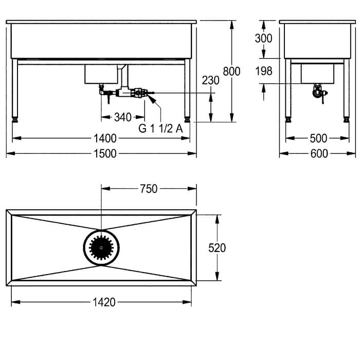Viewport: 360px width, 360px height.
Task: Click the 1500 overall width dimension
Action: tap(105, 154)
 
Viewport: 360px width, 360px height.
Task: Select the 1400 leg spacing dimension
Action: tap(105, 138)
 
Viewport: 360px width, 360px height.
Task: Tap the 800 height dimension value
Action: tap(231, 71)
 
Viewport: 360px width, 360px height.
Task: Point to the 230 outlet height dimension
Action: tap(210, 80)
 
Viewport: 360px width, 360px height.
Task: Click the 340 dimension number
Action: tap(123, 117)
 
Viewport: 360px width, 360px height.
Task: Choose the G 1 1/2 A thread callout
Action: tap(160, 129)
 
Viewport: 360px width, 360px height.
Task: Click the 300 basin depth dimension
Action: tap(263, 39)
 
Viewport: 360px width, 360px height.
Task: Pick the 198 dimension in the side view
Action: tap(264, 71)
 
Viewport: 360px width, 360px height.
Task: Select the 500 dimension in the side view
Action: tap(318, 138)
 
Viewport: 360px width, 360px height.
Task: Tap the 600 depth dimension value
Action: tap(319, 154)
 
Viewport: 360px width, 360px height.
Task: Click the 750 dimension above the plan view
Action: tap(149, 189)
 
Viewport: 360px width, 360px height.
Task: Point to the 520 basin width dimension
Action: tap(217, 248)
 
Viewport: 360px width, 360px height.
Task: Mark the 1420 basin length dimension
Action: tap(104, 302)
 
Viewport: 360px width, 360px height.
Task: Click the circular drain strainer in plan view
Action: tap(101, 248)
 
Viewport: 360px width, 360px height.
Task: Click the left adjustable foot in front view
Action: tap(15, 120)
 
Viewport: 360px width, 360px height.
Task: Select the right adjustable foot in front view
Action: tap(187, 120)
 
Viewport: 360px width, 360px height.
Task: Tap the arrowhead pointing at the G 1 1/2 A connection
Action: tap(151, 99)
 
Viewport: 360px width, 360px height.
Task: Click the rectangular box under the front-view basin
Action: tap(101, 74)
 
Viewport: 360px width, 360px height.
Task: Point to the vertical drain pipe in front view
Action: tap(124, 76)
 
